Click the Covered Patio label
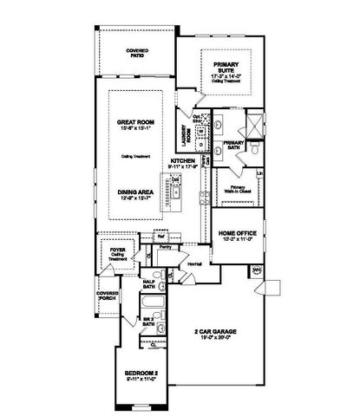click(x=137, y=53)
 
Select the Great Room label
click(x=135, y=124)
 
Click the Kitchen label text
click(x=183, y=161)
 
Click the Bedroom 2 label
click(x=134, y=375)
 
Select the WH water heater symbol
click(x=256, y=270)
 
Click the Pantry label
click(x=166, y=248)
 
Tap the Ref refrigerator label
click(x=161, y=235)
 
